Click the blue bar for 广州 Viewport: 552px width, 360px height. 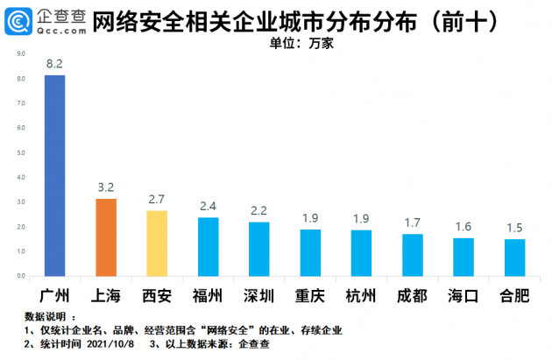[54, 175]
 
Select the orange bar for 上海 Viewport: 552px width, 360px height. [106, 237]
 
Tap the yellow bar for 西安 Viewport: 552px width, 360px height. [157, 244]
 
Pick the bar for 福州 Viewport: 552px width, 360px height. [209, 247]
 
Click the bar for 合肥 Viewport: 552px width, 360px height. [515, 258]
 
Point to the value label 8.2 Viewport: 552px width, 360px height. [54, 64]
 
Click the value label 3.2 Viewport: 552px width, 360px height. [106, 187]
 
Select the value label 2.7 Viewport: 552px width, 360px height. [157, 200]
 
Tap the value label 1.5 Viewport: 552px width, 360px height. [515, 228]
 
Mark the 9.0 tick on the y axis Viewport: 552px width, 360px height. [19, 54]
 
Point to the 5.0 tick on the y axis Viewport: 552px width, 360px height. [19, 153]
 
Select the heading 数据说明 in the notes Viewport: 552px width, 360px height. [39, 316]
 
